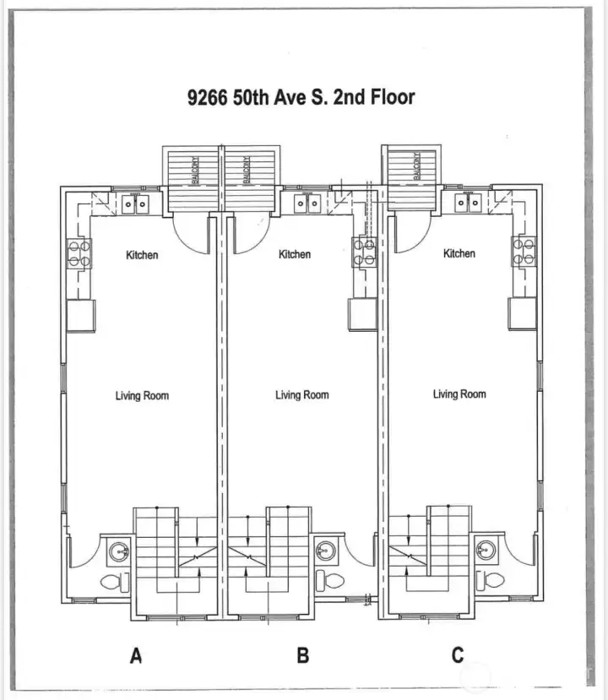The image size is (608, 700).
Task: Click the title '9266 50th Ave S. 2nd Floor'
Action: click(x=301, y=97)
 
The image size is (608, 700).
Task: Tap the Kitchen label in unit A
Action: click(x=142, y=255)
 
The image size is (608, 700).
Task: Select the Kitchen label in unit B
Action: click(x=295, y=254)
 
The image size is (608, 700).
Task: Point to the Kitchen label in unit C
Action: click(x=459, y=253)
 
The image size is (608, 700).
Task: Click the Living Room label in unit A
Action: click(x=142, y=395)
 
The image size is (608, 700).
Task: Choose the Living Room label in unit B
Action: click(x=301, y=395)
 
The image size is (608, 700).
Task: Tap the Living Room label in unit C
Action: click(x=459, y=394)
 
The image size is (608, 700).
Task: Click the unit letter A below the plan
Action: click(x=135, y=655)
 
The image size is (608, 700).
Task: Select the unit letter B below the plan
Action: click(x=303, y=655)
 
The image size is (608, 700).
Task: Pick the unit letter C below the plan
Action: click(x=458, y=655)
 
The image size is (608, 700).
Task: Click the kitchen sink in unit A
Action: click(x=135, y=203)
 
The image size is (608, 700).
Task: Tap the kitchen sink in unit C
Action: click(x=467, y=202)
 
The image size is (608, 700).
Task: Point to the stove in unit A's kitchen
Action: click(x=79, y=254)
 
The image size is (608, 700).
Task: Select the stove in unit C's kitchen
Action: click(x=522, y=252)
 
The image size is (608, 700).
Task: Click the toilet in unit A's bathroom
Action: click(x=112, y=582)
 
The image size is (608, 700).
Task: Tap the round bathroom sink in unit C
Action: click(x=486, y=548)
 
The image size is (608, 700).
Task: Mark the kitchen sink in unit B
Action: click(x=307, y=203)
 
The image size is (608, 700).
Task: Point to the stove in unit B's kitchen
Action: click(x=364, y=253)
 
